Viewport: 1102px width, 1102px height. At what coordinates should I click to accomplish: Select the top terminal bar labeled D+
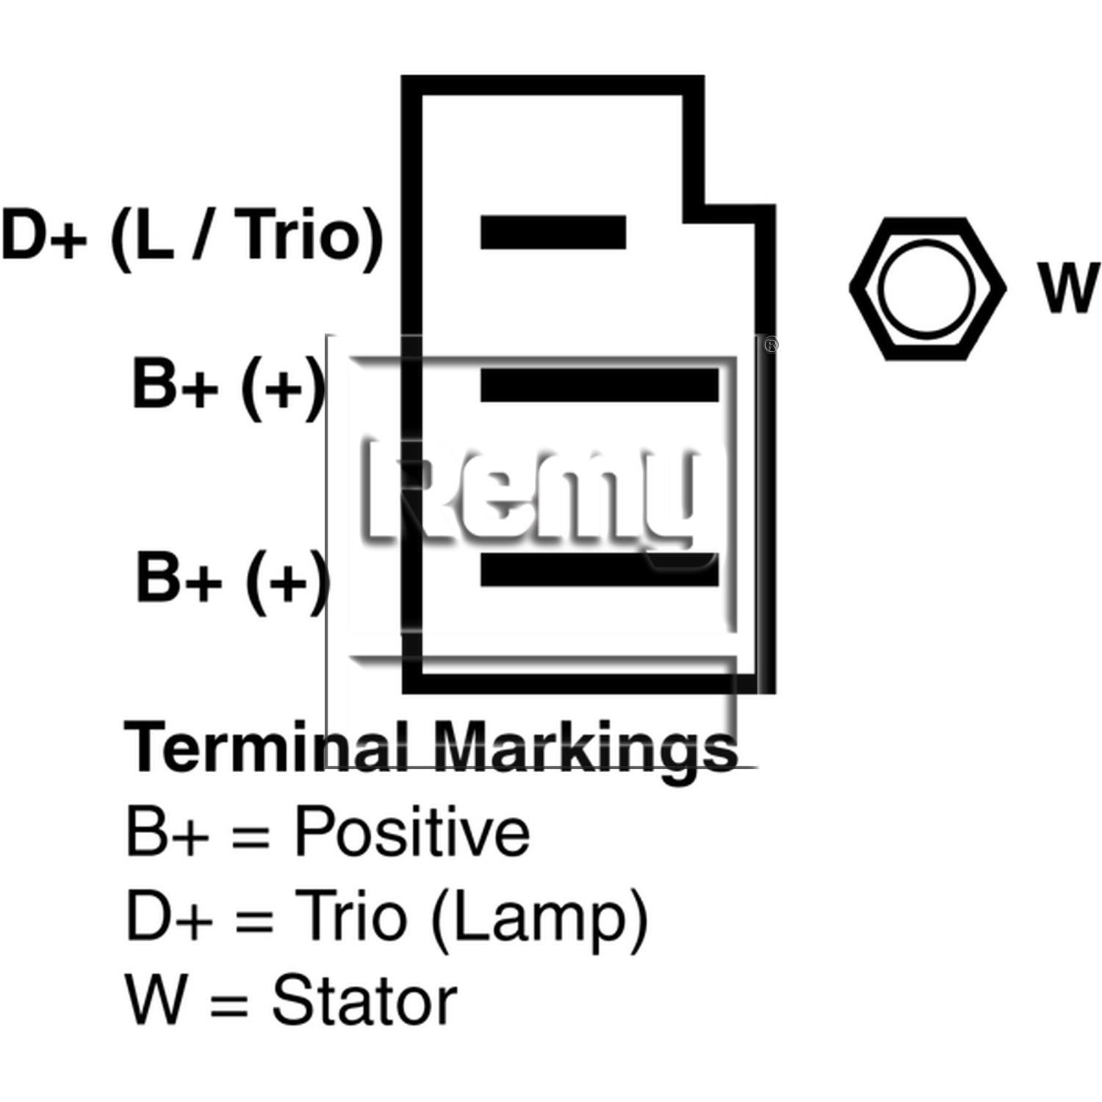coord(553,232)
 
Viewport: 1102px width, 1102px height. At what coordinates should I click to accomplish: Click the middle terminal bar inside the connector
coord(599,386)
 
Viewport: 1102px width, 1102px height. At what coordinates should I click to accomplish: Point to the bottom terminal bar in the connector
coord(599,569)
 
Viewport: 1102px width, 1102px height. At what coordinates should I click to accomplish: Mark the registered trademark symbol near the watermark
coord(771,345)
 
